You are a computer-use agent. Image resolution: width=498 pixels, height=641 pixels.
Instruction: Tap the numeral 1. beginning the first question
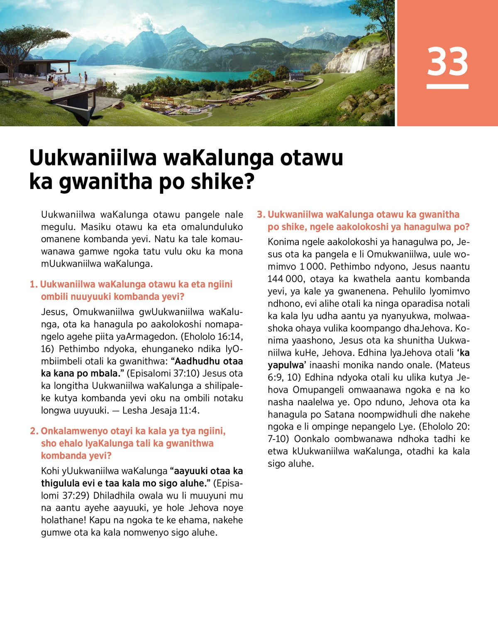coord(34,285)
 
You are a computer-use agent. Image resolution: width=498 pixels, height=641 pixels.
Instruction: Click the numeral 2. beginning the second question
coord(34,431)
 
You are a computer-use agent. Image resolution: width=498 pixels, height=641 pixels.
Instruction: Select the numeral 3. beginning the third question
coord(261,215)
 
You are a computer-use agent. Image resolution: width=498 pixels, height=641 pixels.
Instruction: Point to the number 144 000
coord(286,279)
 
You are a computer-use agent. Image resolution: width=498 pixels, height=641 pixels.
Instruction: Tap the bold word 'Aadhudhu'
coord(197,361)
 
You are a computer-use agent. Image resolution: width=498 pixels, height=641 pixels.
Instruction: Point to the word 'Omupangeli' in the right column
coord(319,390)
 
